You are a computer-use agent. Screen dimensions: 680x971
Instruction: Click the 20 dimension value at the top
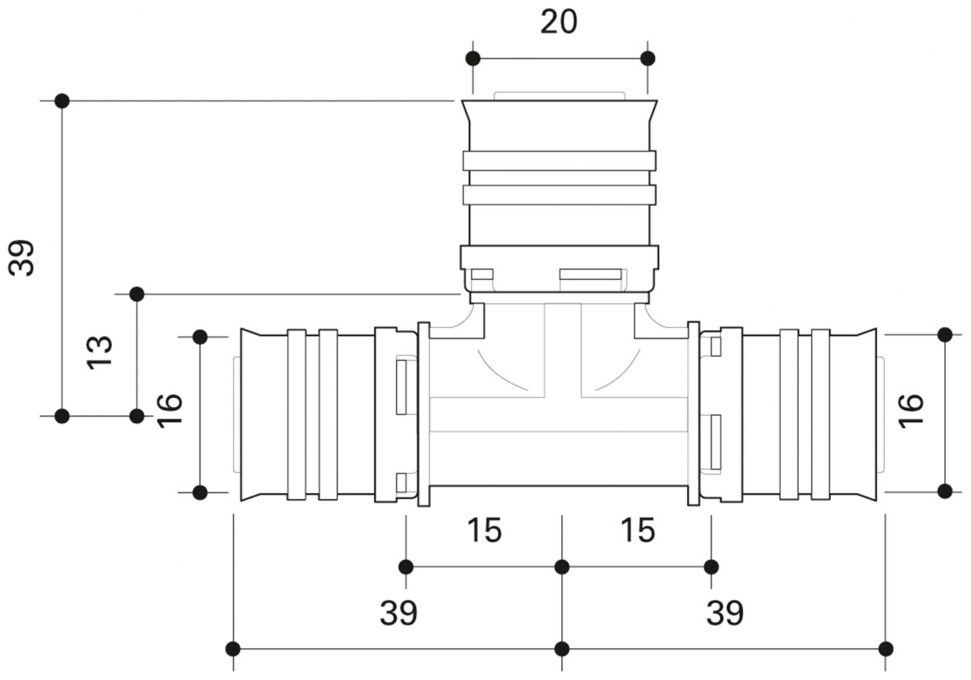pyautogui.click(x=558, y=22)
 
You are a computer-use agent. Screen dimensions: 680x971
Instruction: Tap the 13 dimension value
pyautogui.click(x=100, y=352)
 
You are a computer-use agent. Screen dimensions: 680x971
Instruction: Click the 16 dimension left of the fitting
pyautogui.click(x=169, y=409)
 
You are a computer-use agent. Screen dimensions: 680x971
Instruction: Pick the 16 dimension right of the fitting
pyautogui.click(x=911, y=410)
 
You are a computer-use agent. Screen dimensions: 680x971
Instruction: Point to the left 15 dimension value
pyautogui.click(x=484, y=531)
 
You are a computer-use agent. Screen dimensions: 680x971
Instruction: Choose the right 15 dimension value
pyautogui.click(x=638, y=531)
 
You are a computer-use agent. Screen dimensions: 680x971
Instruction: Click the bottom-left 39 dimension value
pyautogui.click(x=399, y=613)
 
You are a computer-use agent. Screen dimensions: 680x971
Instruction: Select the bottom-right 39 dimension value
pyautogui.click(x=724, y=613)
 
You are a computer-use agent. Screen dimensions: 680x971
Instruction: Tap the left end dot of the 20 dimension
pyautogui.click(x=473, y=59)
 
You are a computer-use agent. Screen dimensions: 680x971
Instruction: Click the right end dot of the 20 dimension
pyautogui.click(x=648, y=59)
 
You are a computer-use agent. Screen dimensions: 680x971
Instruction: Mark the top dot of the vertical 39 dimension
pyautogui.click(x=62, y=101)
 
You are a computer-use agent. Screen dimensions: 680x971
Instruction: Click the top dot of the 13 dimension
pyautogui.click(x=137, y=294)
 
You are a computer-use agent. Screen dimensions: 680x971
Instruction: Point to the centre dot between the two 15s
pyautogui.click(x=562, y=567)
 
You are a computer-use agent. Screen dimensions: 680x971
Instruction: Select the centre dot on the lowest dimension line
pyautogui.click(x=562, y=649)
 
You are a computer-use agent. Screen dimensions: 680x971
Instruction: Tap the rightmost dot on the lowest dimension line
pyautogui.click(x=886, y=649)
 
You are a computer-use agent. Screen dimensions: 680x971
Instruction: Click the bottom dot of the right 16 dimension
pyautogui.click(x=945, y=491)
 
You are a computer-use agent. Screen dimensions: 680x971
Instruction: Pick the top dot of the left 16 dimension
pyautogui.click(x=200, y=337)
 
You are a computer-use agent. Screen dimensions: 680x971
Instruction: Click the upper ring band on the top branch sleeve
pyautogui.click(x=559, y=161)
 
